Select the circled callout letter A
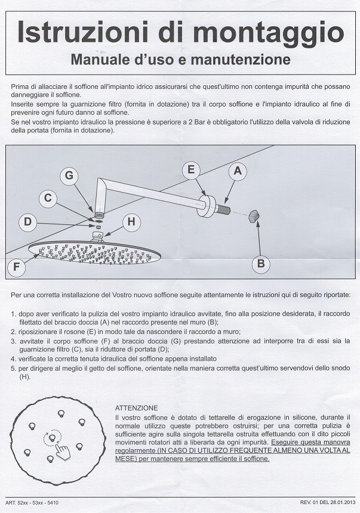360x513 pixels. click(237, 171)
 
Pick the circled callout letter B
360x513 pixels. click(260, 262)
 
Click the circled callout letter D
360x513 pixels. click(27, 224)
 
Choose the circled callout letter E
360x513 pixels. click(191, 170)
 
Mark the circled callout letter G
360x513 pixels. click(69, 176)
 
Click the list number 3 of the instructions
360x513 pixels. click(14, 341)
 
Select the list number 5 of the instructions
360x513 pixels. click(14, 369)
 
